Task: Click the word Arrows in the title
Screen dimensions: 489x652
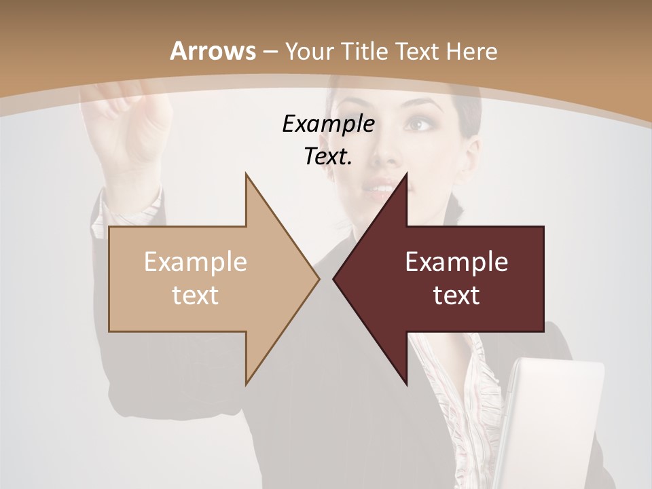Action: click(x=213, y=51)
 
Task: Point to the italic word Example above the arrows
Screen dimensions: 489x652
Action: click(x=328, y=124)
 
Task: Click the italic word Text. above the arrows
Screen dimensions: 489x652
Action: click(x=328, y=157)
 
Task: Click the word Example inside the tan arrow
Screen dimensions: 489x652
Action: click(x=196, y=262)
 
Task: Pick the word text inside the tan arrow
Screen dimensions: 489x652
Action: click(x=196, y=295)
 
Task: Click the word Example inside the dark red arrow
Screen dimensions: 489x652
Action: click(x=456, y=262)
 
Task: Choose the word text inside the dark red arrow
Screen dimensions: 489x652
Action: click(x=456, y=295)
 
